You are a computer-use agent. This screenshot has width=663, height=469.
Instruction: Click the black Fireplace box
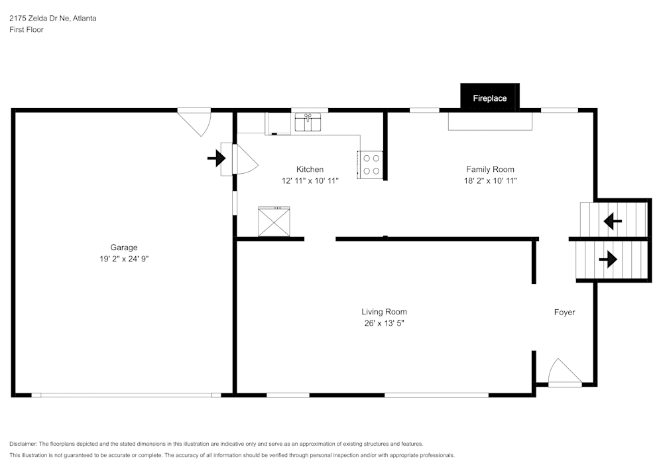(490, 98)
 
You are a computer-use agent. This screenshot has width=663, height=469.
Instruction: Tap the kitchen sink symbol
(308, 122)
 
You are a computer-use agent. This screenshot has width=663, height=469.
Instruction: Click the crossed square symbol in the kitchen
(274, 222)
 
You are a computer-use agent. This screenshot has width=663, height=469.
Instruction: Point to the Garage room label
(124, 247)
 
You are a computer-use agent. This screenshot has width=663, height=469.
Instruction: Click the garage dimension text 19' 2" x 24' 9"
(124, 259)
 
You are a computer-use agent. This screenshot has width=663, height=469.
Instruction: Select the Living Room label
(384, 312)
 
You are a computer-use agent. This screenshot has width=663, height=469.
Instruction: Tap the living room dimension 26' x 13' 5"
(384, 324)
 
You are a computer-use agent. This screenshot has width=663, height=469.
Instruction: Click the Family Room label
(490, 169)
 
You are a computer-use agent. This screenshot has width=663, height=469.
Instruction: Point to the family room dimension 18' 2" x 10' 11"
(490, 180)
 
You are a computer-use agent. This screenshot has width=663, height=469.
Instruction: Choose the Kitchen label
(310, 169)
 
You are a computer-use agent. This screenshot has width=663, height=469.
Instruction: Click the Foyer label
(564, 312)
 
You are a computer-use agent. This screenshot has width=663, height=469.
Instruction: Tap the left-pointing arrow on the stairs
(612, 220)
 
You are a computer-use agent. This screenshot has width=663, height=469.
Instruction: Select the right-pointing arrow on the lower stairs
(607, 259)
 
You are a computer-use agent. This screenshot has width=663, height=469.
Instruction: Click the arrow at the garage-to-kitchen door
(216, 158)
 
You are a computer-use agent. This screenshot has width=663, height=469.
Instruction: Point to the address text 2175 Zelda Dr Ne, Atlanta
(52, 19)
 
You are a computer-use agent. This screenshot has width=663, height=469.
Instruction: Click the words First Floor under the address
(27, 30)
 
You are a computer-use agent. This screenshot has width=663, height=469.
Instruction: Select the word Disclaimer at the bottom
(23, 444)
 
